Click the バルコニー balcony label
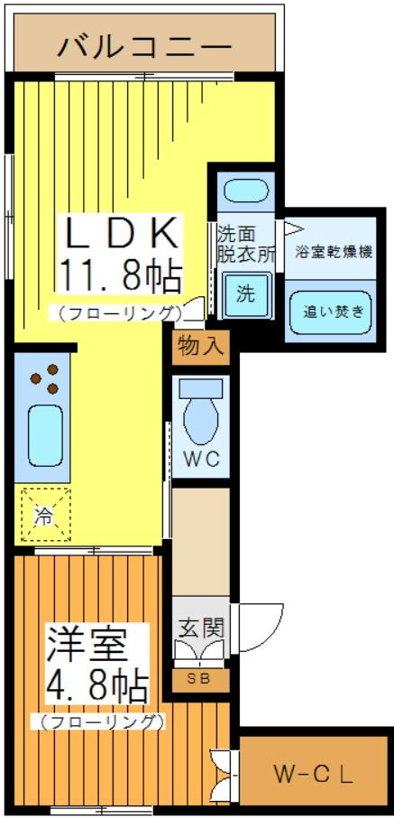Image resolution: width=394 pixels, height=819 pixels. point(144,45)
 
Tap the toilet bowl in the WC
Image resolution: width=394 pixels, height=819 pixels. point(200,413)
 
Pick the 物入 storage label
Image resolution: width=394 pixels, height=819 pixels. point(201,345)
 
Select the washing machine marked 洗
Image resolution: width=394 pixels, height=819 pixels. point(246,293)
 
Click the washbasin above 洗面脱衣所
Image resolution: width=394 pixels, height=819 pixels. point(245,191)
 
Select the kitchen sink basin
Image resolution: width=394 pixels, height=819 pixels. point(43,433)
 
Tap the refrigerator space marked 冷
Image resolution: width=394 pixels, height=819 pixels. point(43,517)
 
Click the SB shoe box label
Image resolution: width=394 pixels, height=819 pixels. point(199,679)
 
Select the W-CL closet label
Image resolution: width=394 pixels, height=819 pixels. point(313,774)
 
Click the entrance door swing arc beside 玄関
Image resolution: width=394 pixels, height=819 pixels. point(251,625)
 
